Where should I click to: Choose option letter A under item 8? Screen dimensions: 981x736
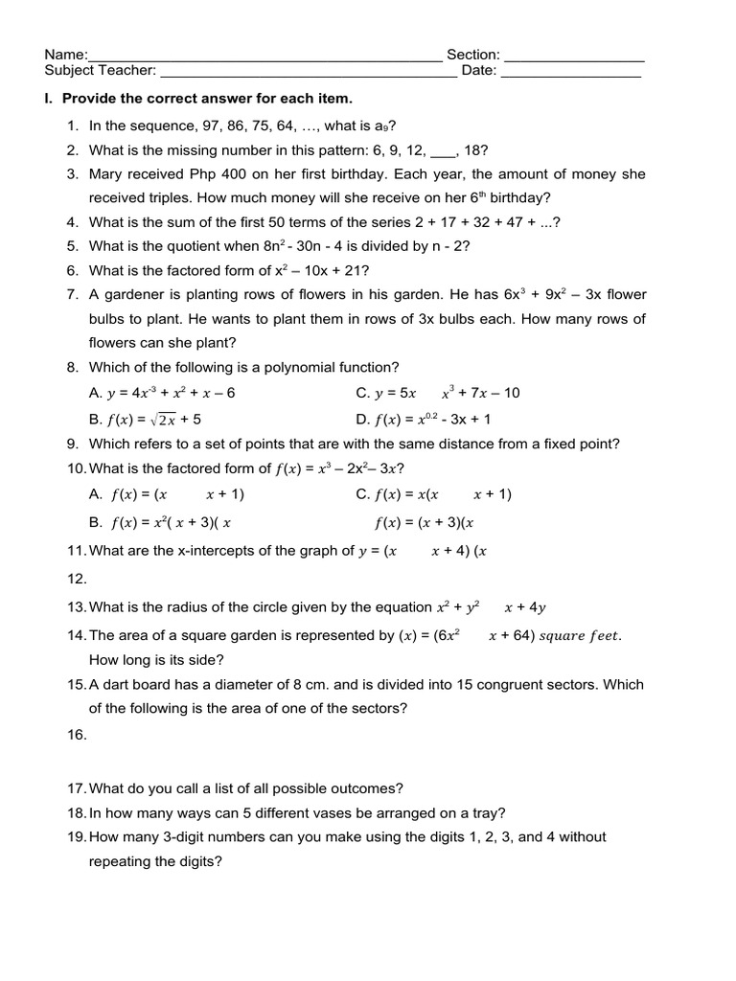(x=94, y=393)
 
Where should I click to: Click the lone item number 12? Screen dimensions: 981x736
(x=77, y=579)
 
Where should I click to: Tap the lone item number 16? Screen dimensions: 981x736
(x=77, y=735)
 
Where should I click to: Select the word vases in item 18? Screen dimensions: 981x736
(x=331, y=813)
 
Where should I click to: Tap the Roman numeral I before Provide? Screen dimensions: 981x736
(x=49, y=99)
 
